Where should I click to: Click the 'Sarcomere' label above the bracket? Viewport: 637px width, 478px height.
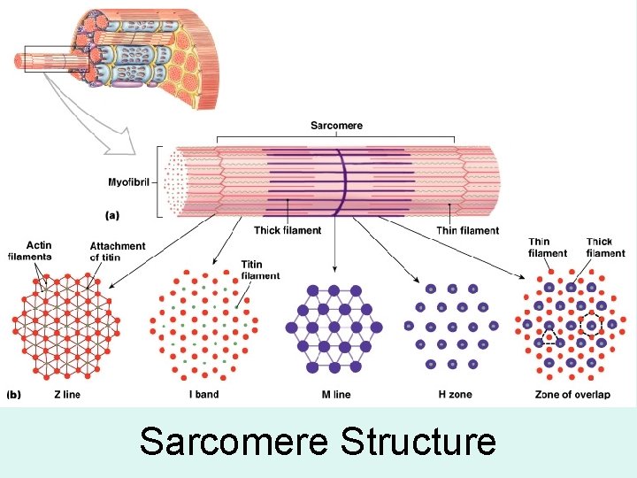(x=336, y=126)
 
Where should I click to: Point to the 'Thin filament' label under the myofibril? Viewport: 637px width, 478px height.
(x=467, y=230)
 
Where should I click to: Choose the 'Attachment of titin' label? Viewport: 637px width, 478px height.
(x=118, y=251)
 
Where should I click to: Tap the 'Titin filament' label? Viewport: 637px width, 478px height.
(x=260, y=270)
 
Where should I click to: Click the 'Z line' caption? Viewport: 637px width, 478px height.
(x=67, y=394)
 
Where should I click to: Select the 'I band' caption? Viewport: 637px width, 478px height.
(x=203, y=394)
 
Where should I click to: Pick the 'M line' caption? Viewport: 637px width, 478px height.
(x=334, y=394)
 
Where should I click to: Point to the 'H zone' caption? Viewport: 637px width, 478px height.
(x=454, y=394)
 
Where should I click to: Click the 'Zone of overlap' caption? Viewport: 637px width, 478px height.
(x=572, y=394)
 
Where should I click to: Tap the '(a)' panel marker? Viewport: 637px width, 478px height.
(x=113, y=214)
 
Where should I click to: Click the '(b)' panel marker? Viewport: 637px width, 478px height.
(x=15, y=394)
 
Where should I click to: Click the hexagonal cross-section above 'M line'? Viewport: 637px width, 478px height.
(x=334, y=328)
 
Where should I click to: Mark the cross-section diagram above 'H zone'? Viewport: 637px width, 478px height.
(x=452, y=326)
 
